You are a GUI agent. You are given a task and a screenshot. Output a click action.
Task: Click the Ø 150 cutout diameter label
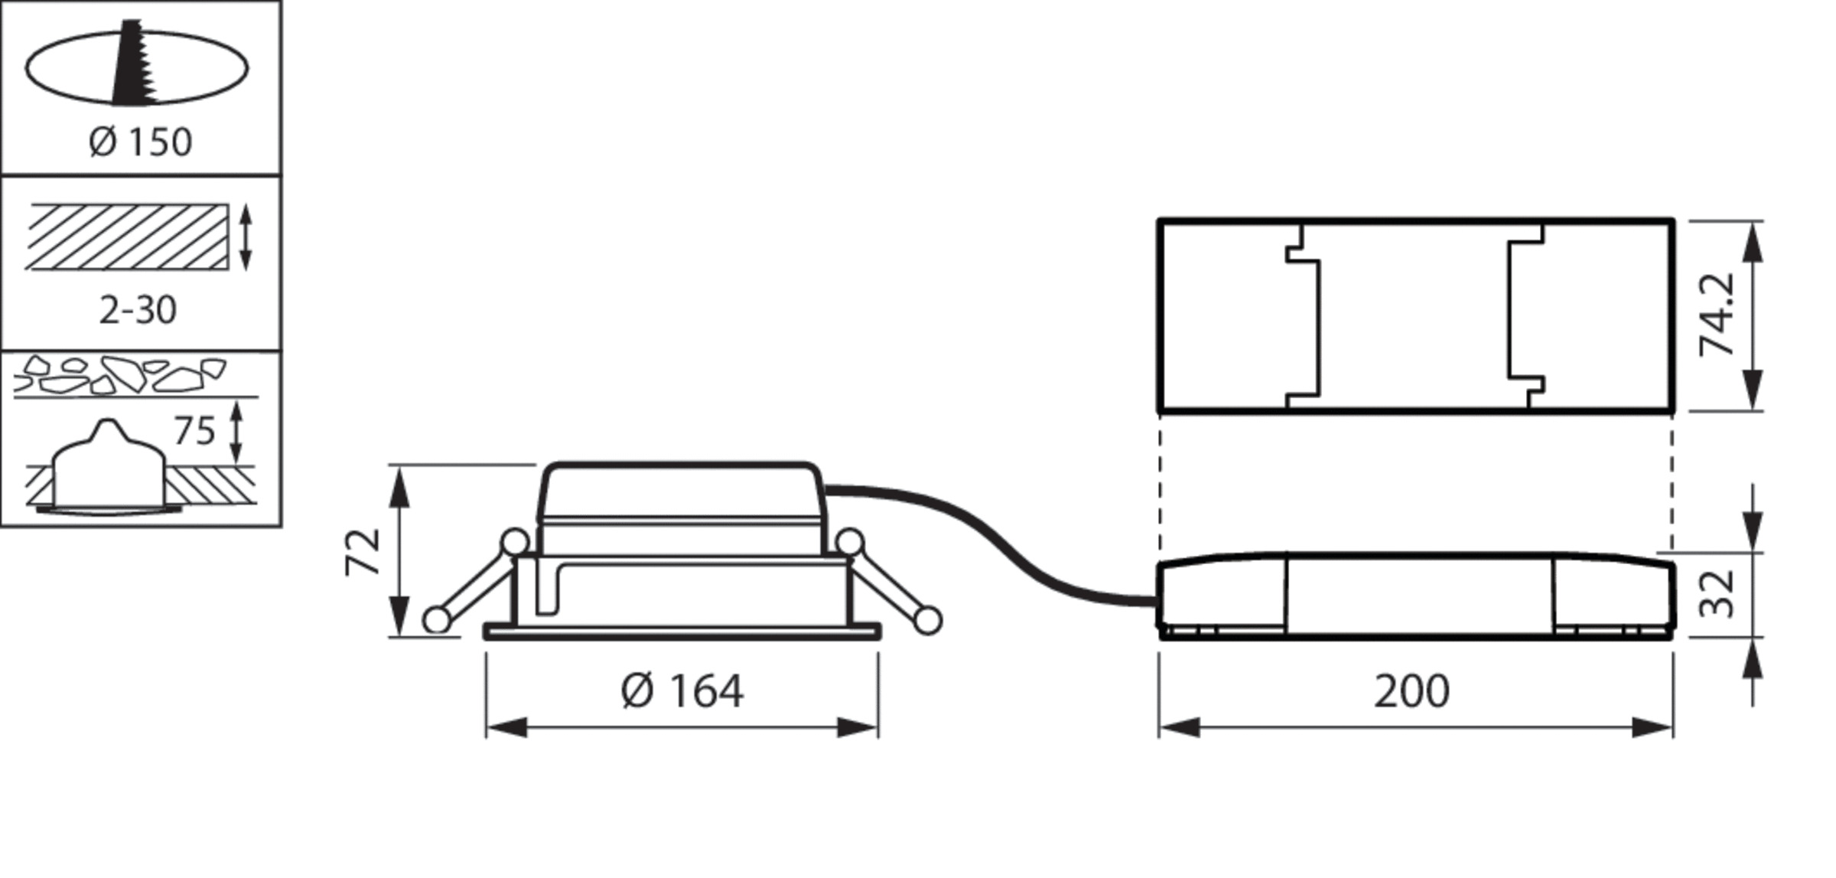[140, 142]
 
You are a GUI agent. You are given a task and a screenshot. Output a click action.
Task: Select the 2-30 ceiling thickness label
[138, 310]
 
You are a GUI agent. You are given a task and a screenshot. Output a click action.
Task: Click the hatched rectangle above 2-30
[127, 237]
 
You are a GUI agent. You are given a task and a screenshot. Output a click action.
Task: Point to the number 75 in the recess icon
[195, 431]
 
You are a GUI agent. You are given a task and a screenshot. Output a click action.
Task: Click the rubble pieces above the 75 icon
[120, 374]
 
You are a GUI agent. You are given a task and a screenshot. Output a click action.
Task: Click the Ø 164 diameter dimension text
[682, 691]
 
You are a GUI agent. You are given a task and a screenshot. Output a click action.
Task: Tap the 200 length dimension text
[1411, 691]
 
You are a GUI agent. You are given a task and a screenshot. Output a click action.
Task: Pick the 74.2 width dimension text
[1717, 315]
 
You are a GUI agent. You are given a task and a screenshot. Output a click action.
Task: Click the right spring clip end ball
[928, 620]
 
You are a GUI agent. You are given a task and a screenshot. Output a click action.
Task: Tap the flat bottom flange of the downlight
[682, 632]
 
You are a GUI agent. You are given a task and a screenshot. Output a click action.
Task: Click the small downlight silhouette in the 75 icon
[108, 467]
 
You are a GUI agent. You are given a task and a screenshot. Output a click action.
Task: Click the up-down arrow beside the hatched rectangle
[246, 237]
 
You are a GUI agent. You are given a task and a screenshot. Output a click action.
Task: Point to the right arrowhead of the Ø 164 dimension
[858, 728]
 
